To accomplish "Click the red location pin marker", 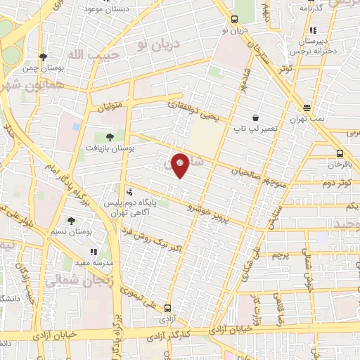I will coord(181,165).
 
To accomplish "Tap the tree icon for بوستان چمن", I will coord(44,57).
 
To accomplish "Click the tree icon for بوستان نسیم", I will coord(71,221).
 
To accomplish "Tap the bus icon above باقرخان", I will coord(340,153).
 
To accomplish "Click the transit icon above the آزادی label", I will coord(167,308).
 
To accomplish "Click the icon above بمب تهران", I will coord(307,108).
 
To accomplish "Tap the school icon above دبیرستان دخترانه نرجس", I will coord(312,30).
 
